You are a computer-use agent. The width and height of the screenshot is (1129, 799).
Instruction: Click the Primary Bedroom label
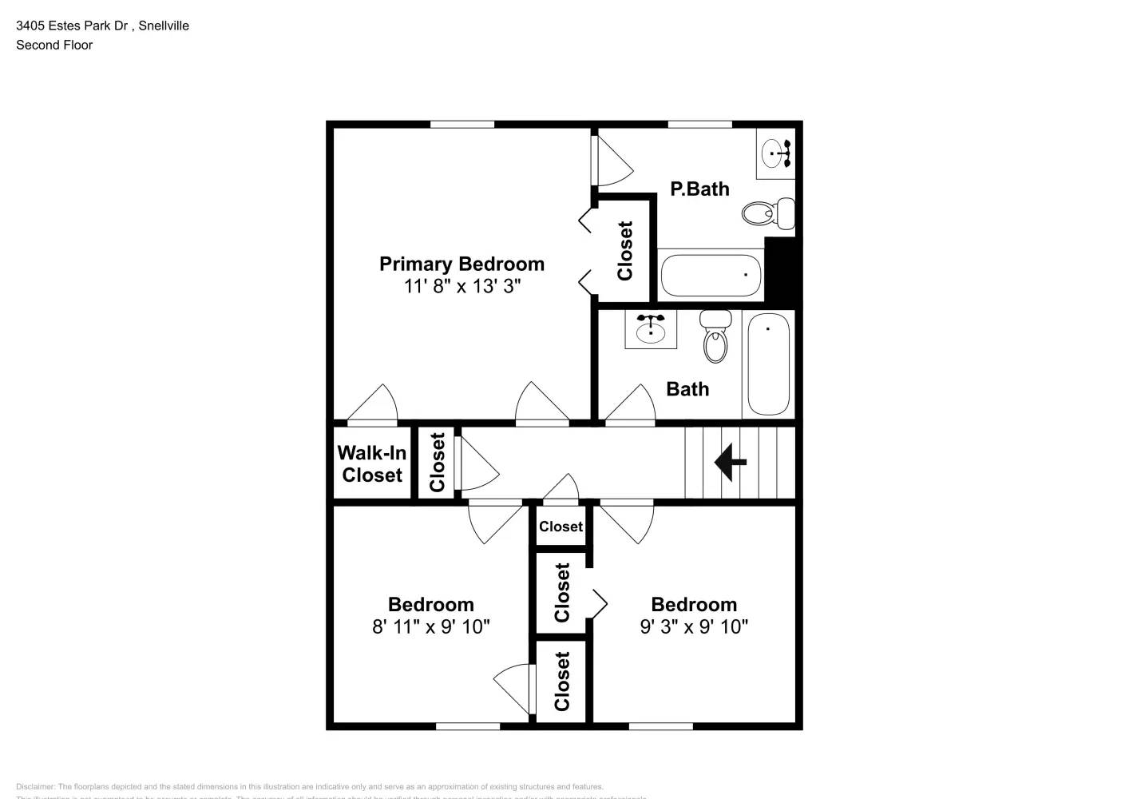click(462, 264)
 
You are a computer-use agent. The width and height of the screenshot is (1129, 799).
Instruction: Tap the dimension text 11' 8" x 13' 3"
click(462, 286)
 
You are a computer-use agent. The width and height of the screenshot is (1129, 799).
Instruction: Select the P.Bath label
click(699, 189)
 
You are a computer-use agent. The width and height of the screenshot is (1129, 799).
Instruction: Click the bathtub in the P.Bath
click(711, 276)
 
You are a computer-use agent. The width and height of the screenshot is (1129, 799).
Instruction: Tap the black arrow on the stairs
click(730, 462)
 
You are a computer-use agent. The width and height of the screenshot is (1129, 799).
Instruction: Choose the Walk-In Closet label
click(372, 464)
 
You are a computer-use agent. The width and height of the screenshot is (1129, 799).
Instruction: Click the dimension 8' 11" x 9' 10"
click(431, 626)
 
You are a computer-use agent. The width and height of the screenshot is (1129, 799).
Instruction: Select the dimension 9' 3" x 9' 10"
click(694, 626)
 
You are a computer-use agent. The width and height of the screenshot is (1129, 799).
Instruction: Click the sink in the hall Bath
click(651, 329)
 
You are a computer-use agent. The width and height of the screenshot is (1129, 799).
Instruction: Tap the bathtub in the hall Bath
click(768, 364)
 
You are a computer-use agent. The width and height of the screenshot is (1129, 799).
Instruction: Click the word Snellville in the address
click(164, 26)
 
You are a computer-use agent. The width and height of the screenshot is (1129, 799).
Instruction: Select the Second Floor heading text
click(54, 45)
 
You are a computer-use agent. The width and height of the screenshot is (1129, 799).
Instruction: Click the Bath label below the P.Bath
click(687, 389)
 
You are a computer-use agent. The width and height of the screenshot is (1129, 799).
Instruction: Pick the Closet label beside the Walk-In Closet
click(438, 463)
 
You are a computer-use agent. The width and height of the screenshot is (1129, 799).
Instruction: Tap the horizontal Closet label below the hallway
click(561, 527)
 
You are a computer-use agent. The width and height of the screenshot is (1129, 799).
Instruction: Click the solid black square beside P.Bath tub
click(782, 268)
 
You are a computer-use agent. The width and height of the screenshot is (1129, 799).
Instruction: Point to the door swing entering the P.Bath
click(611, 161)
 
